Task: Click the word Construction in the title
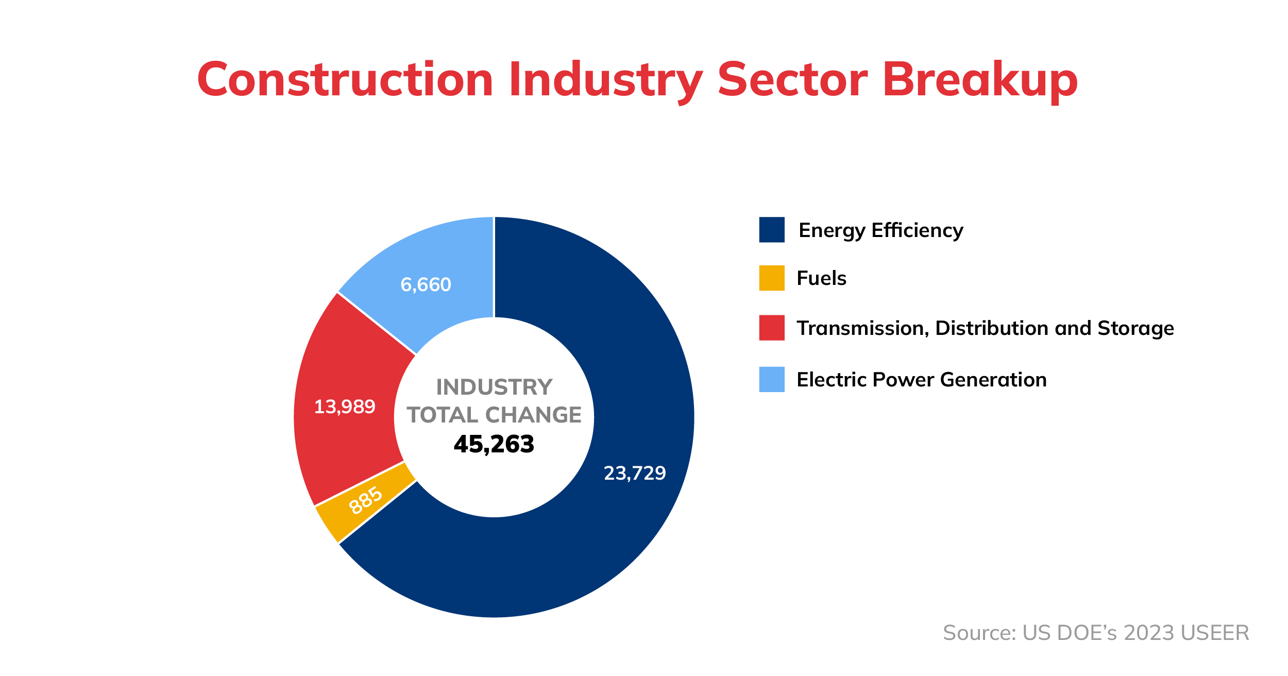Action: [x=346, y=79]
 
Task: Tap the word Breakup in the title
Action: [x=980, y=81]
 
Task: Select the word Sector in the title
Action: [x=793, y=79]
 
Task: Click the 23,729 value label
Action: [x=635, y=474]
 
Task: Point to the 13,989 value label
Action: [x=345, y=407]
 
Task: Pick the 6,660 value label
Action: [x=426, y=285]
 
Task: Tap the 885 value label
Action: [x=366, y=500]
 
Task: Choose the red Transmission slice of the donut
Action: [x=345, y=402]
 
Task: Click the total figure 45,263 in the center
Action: [x=494, y=445]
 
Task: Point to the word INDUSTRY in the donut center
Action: [x=494, y=387]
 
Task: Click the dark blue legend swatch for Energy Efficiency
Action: [x=772, y=230]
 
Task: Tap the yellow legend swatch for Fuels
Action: [x=772, y=278]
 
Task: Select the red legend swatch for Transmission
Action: [x=772, y=328]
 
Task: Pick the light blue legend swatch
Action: [x=772, y=379]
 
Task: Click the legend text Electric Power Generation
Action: [x=922, y=380]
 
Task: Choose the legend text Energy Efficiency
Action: [x=881, y=231]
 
